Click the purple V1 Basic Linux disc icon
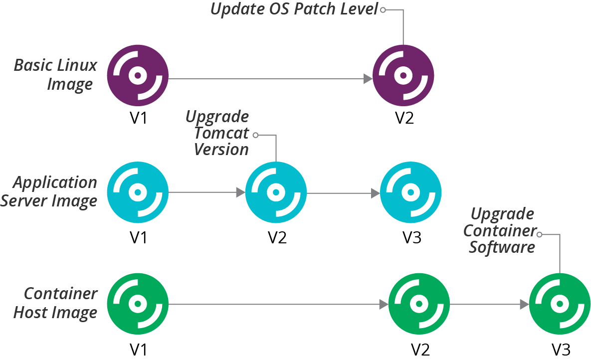tap(138, 76)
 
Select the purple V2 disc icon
tap(403, 76)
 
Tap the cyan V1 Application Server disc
tap(138, 192)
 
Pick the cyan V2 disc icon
tap(276, 192)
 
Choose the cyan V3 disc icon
tap(410, 192)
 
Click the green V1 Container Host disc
tap(138, 304)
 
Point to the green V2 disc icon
tap(418, 304)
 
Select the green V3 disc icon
tap(559, 304)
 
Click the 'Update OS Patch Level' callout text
tap(294, 9)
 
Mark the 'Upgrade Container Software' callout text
tap(502, 230)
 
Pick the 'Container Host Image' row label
tap(55, 303)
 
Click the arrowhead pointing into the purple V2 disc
tap(368, 78)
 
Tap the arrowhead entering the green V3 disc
tap(524, 304)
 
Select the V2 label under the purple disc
tap(404, 119)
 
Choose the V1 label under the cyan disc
tap(138, 238)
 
